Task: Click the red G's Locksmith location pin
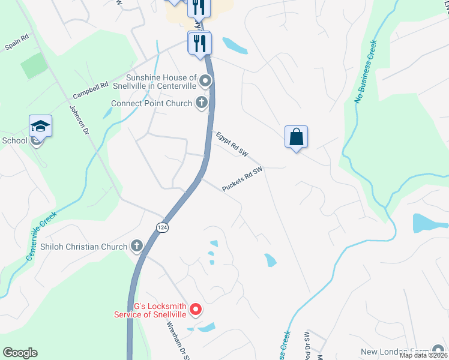(x=195, y=310)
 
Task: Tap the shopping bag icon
(x=297, y=137)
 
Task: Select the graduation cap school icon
(x=40, y=127)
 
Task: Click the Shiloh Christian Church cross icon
(x=136, y=246)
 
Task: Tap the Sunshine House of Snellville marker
(x=205, y=80)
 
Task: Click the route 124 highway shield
(x=161, y=227)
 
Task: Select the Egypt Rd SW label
(x=232, y=145)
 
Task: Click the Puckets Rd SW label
(x=243, y=179)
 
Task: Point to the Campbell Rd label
(x=90, y=91)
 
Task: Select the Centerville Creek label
(x=41, y=235)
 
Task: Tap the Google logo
(x=20, y=353)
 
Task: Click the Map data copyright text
(x=423, y=355)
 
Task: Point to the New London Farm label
(x=396, y=352)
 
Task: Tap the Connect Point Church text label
(x=151, y=103)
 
